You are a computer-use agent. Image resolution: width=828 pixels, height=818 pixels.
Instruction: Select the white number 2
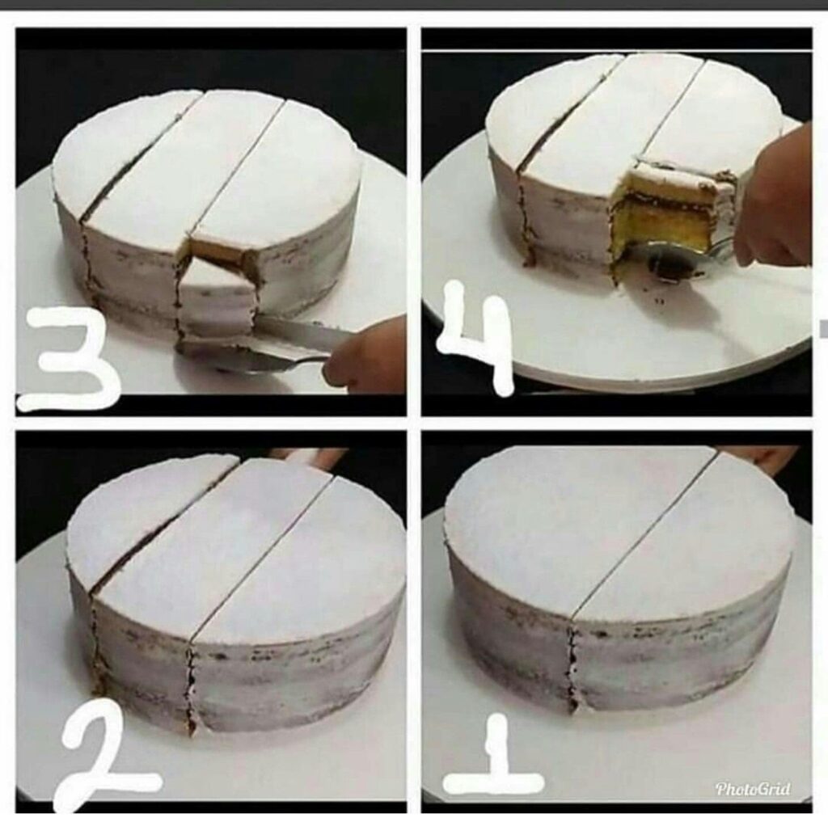[106, 756]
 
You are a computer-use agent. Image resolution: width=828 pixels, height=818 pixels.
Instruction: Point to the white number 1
[494, 756]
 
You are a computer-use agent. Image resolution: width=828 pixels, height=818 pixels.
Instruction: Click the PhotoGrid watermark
[753, 788]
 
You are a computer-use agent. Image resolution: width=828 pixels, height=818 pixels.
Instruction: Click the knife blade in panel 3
[301, 332]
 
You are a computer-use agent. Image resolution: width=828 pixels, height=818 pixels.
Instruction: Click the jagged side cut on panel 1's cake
[572, 666]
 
